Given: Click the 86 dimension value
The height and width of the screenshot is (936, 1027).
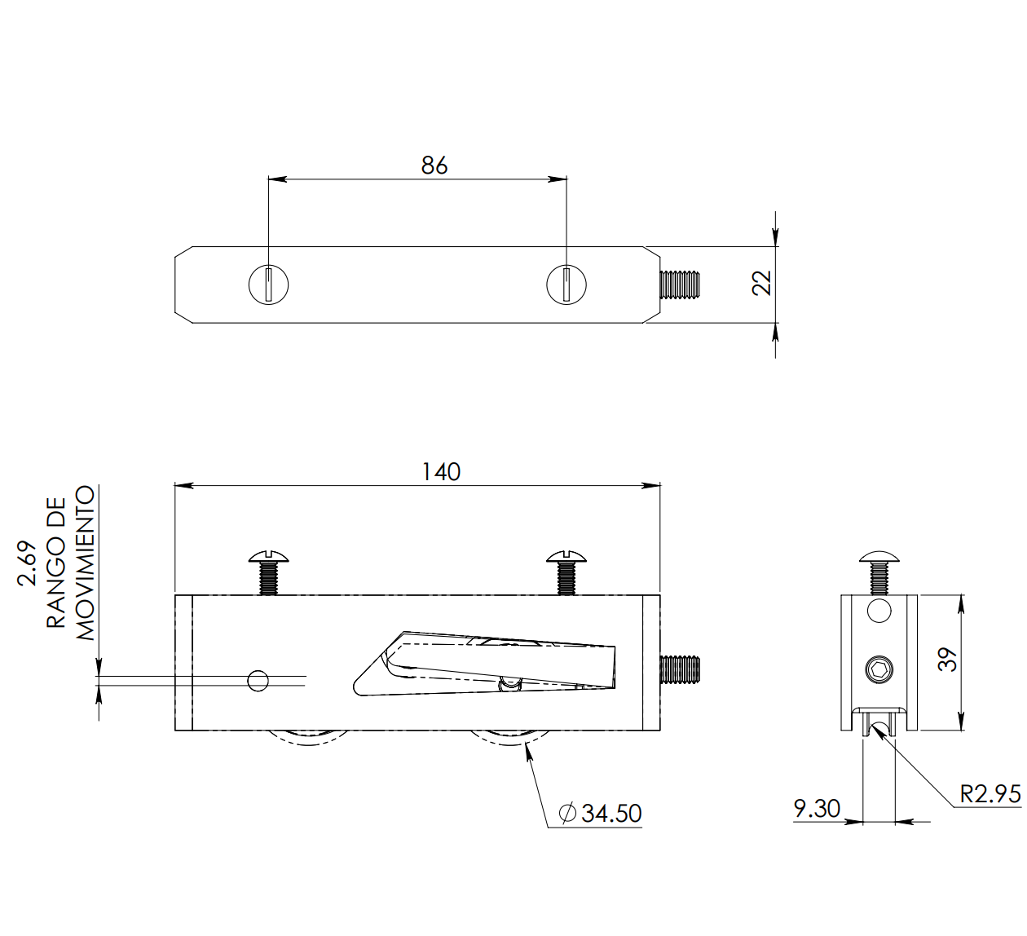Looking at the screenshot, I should pos(434,166).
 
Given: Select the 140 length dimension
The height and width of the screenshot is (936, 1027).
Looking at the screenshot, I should pos(441,472).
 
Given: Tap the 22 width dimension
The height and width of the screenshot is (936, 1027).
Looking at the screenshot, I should pos(761,283).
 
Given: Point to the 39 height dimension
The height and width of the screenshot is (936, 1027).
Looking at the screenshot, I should pos(946,660).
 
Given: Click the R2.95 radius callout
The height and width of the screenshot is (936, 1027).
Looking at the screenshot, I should pos(990,794).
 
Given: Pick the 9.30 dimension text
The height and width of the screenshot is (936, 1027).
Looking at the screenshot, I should pos(817,808).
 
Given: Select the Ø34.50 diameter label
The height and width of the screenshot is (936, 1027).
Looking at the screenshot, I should pos(601,813).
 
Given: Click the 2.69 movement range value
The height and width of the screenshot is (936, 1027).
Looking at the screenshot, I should pos(27,563).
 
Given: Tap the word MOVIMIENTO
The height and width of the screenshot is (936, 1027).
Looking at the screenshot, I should pos(86,563).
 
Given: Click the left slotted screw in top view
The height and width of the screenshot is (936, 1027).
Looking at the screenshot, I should pos(268,285).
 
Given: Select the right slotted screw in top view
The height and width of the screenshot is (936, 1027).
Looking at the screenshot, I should pos(566,285).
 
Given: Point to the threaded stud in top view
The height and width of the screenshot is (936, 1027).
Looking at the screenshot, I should pos(680,285).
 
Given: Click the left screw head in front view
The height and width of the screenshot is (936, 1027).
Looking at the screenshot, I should pos(269,559).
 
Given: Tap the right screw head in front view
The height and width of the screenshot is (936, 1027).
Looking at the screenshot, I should pos(566,559).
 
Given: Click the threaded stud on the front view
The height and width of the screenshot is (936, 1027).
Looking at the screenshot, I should pos(680,669).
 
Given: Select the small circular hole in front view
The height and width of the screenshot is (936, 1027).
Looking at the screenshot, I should pos(258,679).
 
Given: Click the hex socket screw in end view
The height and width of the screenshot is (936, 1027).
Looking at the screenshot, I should pos(879,670).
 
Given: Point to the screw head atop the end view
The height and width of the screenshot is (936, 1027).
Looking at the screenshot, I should pos(879,559).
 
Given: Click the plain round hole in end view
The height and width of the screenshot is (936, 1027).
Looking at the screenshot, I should pos(879,610).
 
